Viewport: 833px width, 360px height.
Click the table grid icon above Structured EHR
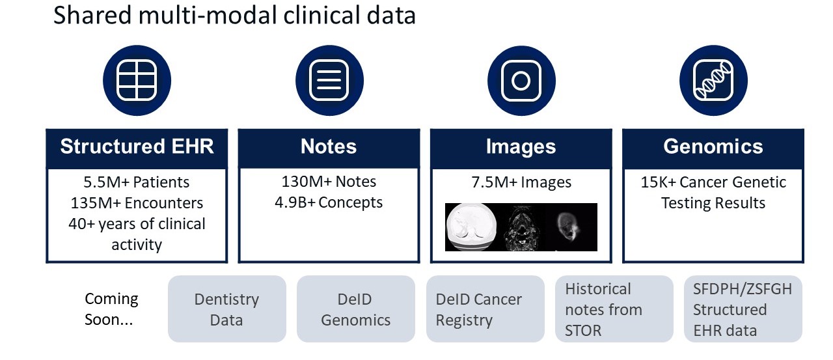coord(137,80)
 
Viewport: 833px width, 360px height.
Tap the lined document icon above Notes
coord(329,80)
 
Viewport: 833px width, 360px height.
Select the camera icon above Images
coord(521,80)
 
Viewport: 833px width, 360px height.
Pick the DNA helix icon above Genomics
coord(713,80)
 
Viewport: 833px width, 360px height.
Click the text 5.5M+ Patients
coord(137,182)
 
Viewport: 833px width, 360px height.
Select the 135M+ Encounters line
coord(137,203)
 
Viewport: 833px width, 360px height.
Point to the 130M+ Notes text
coord(329,182)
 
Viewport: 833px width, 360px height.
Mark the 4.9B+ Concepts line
coord(329,202)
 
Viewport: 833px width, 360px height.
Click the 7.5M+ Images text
coord(521,182)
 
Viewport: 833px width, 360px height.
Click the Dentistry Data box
coord(227,309)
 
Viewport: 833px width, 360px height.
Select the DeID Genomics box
coord(356,309)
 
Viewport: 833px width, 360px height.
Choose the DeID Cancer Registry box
coord(485,309)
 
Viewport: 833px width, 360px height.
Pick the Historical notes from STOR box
coord(614,309)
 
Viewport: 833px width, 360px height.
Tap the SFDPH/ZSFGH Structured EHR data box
coord(743,309)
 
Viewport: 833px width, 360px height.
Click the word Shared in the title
coord(92,16)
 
